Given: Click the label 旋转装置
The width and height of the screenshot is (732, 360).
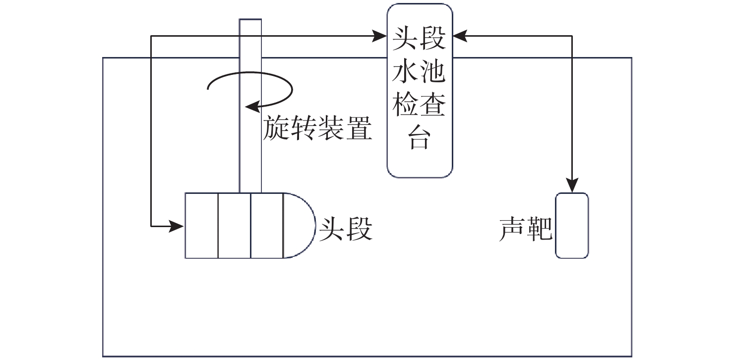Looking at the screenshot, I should pos(318,128).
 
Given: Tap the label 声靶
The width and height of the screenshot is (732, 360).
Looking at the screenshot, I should pos(526,229).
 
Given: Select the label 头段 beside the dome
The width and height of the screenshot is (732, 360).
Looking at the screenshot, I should pos(346,229).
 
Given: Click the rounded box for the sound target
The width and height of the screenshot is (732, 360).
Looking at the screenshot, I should pos(572,226).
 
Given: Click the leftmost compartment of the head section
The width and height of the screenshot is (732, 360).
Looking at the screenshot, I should pos(201,226).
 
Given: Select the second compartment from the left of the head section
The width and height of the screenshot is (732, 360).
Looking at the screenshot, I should pos(234,226).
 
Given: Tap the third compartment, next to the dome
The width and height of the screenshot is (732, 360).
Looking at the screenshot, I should pos(267,226).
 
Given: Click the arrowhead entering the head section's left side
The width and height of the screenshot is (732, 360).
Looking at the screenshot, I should pos(177,227).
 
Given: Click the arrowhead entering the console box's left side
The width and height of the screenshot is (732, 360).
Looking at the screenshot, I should pos(380,36).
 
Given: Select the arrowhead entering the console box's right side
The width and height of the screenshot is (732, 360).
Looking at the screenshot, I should pos(459,36).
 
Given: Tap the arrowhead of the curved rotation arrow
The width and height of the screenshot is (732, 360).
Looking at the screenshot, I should pos(252,106).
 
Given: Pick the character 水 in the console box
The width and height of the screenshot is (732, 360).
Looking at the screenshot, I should pos(404,73).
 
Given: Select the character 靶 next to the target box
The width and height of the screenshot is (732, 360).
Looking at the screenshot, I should pos(539,229).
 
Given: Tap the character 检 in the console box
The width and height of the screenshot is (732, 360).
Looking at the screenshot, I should pos(404,105).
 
